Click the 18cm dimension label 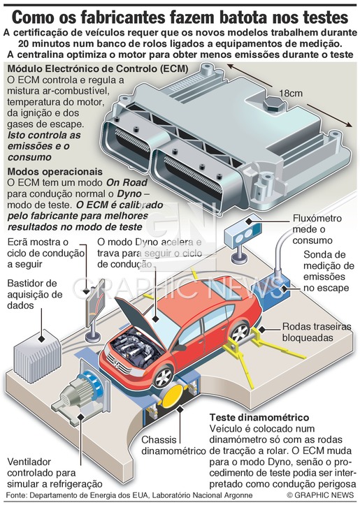pos(291,94)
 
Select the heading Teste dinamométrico pos(259,418)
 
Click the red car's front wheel pos(163,376)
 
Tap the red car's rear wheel pos(239,332)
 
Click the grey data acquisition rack pos(37,357)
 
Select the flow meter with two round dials pos(243,233)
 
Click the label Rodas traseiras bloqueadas pos(317,332)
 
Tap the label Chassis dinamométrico pos(173,446)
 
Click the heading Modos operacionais pos(55,171)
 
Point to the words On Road pos(127,182)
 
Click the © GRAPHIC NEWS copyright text pos(320,495)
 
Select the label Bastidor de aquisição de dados pos(35,294)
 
